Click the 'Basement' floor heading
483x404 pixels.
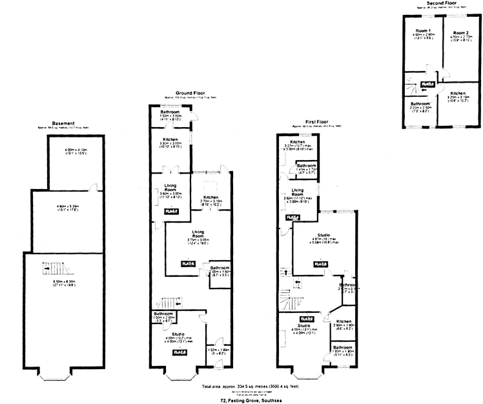(x=65, y=123)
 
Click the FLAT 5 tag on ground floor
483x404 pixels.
(x=171, y=211)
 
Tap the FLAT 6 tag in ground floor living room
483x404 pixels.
(x=189, y=263)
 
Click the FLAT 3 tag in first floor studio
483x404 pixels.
(x=319, y=265)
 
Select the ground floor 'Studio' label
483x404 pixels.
(x=171, y=329)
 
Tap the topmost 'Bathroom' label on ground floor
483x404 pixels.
(x=170, y=112)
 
